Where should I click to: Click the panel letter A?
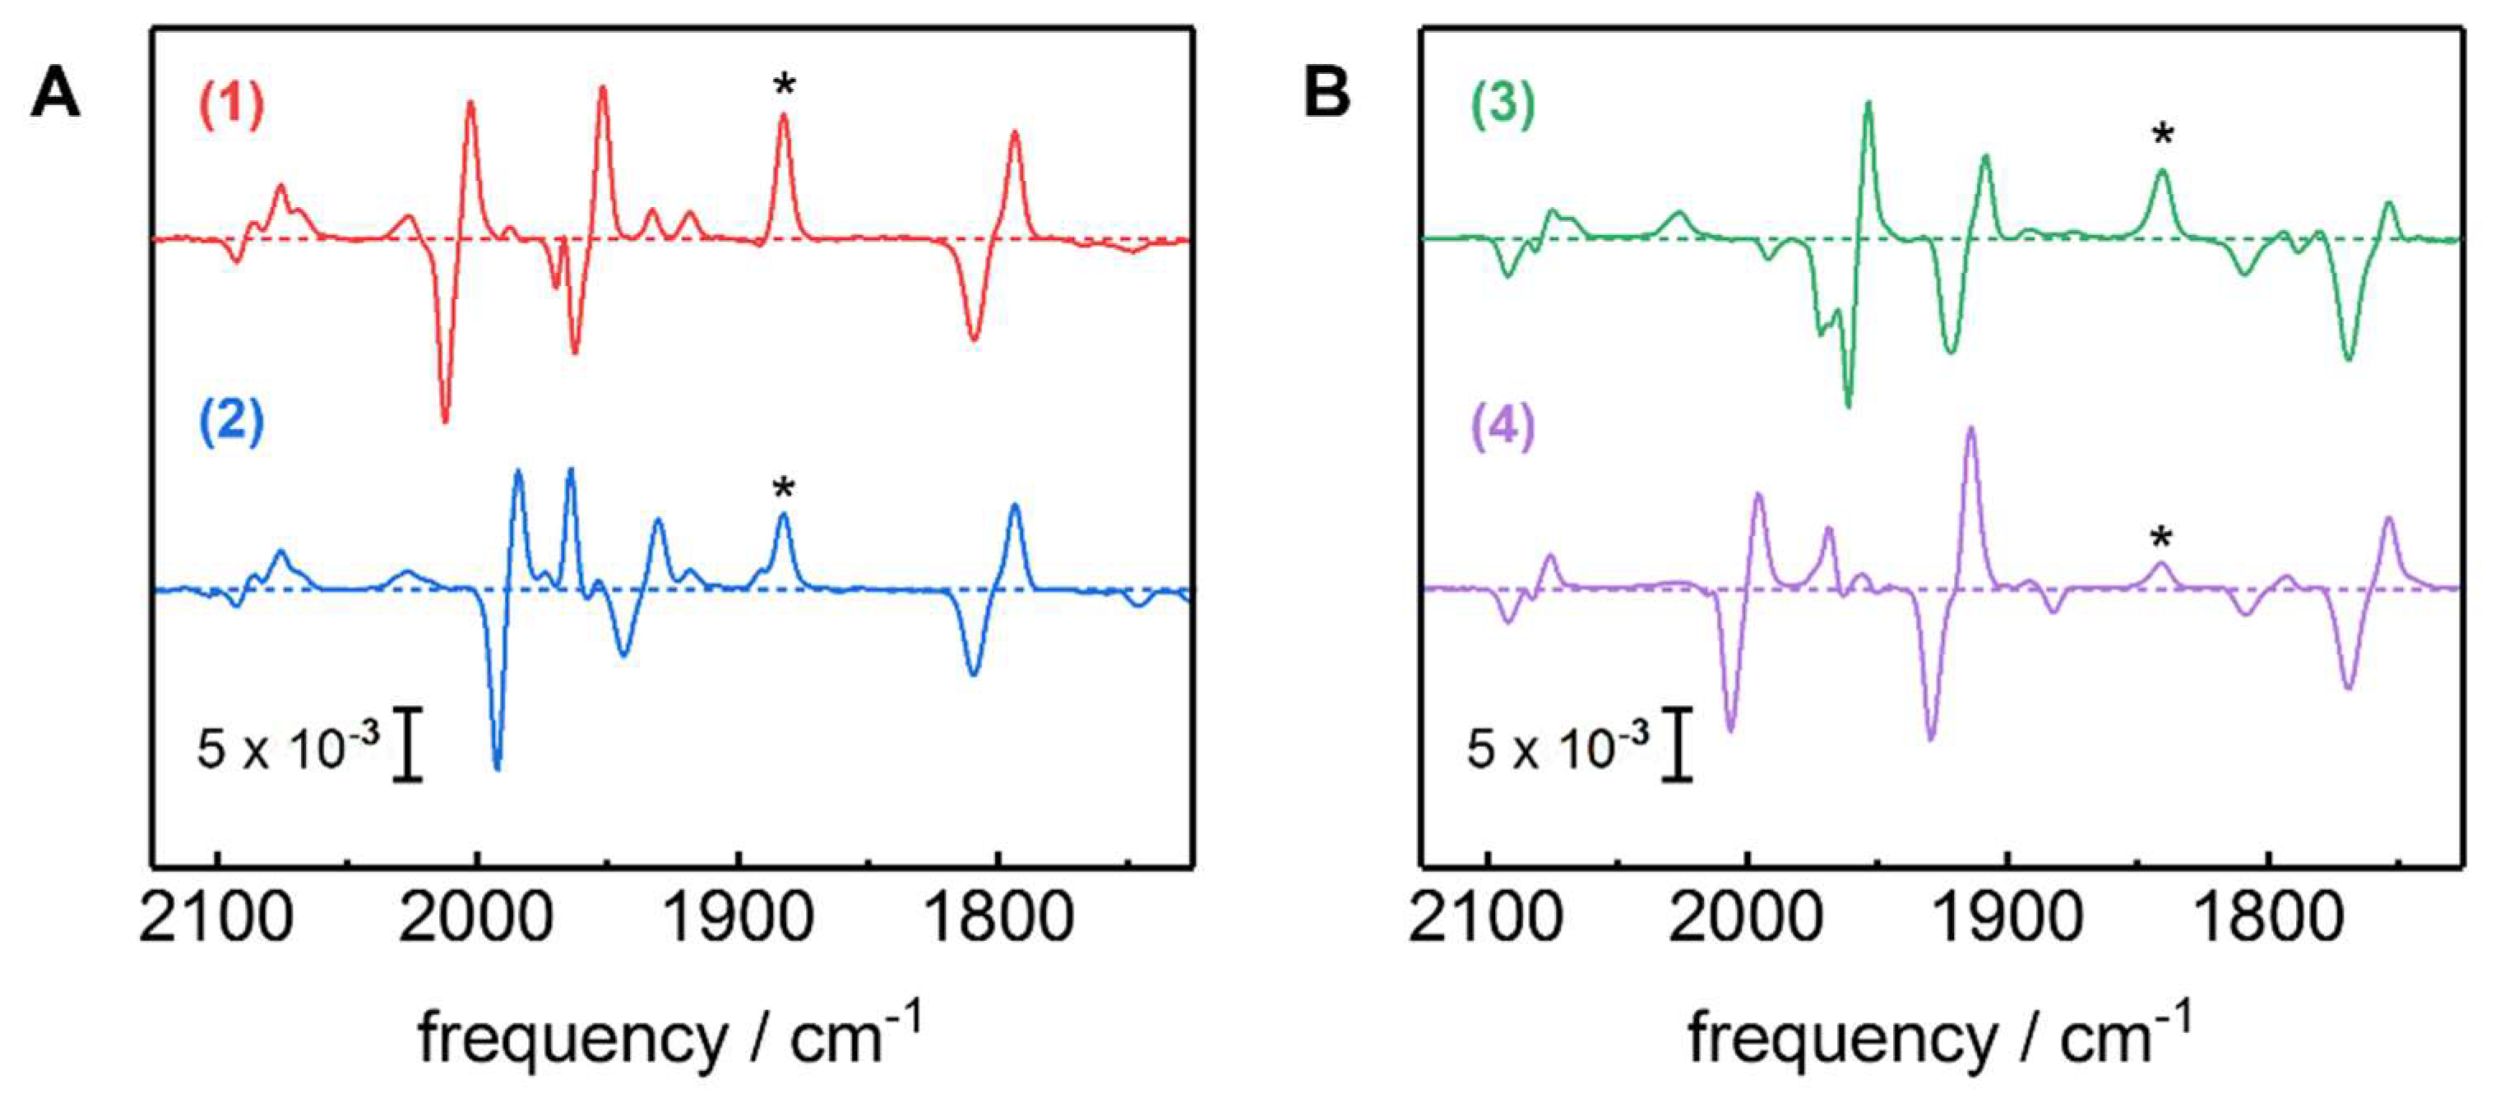coord(55,95)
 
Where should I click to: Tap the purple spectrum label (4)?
coord(1502,426)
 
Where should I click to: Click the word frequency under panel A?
coord(572,1039)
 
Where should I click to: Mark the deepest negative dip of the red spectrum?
coord(445,418)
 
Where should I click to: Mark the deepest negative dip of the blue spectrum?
coord(498,767)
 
